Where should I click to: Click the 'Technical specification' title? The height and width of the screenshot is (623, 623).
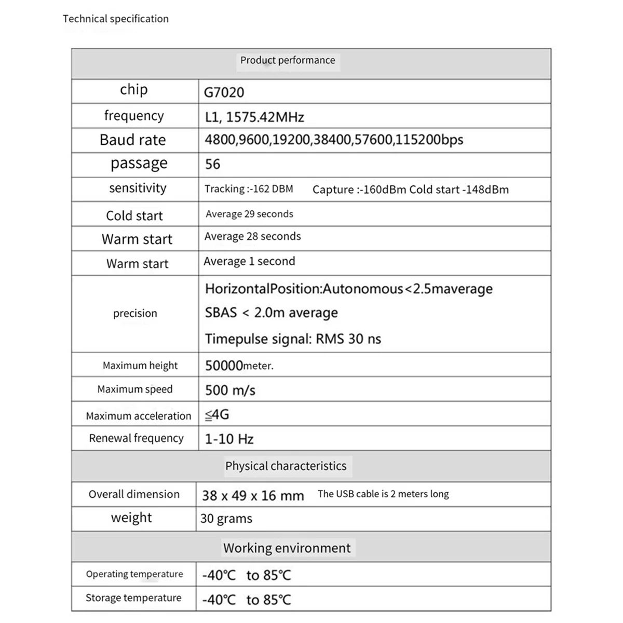pyautogui.click(x=116, y=19)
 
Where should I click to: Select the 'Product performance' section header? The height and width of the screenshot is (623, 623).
pyautogui.click(x=288, y=60)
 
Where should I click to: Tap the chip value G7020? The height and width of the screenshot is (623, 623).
pyautogui.click(x=224, y=92)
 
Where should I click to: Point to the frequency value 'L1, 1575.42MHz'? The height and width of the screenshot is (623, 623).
pyautogui.click(x=254, y=117)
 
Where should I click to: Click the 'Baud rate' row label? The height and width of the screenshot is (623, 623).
pyautogui.click(x=133, y=140)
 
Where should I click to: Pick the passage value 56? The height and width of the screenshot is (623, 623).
pyautogui.click(x=213, y=165)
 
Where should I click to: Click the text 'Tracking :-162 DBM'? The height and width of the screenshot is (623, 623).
pyautogui.click(x=249, y=189)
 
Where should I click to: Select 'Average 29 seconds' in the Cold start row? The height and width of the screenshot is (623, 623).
pyautogui.click(x=249, y=214)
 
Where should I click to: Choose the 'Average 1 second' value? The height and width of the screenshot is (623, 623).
pyautogui.click(x=249, y=261)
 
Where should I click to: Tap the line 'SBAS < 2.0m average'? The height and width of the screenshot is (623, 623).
pyautogui.click(x=272, y=313)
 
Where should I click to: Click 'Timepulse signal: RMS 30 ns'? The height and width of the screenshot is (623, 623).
pyautogui.click(x=293, y=339)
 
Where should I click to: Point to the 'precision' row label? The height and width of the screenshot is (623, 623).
pyautogui.click(x=135, y=313)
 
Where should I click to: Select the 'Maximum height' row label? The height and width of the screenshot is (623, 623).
pyautogui.click(x=140, y=365)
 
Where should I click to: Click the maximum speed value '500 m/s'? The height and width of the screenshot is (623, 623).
pyautogui.click(x=230, y=390)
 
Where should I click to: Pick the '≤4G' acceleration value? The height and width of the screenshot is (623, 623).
pyautogui.click(x=217, y=414)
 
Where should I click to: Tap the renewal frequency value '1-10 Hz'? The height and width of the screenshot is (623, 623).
pyautogui.click(x=229, y=439)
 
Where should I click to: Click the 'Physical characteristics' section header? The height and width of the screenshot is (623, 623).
pyautogui.click(x=286, y=466)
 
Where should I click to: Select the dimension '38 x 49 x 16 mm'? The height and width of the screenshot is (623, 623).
pyautogui.click(x=253, y=496)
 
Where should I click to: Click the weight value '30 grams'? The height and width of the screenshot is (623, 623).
pyautogui.click(x=226, y=519)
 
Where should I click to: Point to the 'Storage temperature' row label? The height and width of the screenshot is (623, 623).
pyautogui.click(x=133, y=598)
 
